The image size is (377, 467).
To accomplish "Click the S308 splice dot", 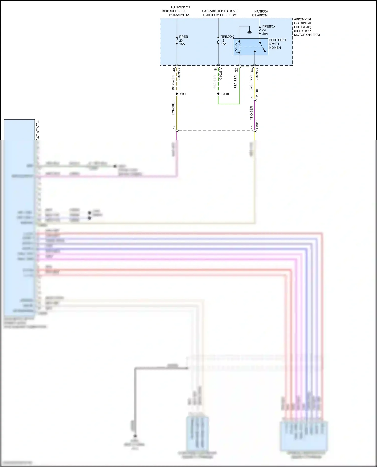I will tap(177, 94).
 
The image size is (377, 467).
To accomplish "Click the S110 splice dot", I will tap(218, 94).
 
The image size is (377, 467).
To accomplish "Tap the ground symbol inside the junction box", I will tap(249, 32).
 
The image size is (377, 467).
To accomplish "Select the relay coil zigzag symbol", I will tap(236, 47).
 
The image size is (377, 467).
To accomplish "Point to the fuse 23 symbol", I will tap(177, 40).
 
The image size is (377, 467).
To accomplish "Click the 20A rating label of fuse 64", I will tap(265, 34).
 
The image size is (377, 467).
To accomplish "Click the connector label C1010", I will tap(257, 94).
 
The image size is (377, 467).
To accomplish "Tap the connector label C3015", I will tap(257, 124).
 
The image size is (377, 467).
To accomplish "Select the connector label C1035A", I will tap(221, 74).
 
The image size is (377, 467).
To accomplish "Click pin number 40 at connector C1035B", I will tap(174, 70).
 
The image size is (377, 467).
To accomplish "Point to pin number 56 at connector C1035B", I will tap(252, 70).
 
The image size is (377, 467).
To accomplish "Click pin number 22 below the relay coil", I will tap(236, 70).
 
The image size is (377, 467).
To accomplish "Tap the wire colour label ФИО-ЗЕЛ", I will tap(251, 113).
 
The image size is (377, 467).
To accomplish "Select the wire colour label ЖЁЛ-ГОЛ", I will tap(251, 82).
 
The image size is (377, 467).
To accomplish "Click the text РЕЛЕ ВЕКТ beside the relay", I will tap(277, 40).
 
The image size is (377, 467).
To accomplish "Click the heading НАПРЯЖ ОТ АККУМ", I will tap(260, 13).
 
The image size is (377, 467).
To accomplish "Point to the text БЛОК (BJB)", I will tap(303, 27).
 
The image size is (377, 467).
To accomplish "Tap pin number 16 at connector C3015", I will tap(252, 127).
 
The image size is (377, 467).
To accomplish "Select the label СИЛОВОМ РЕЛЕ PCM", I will tap(220, 15).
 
